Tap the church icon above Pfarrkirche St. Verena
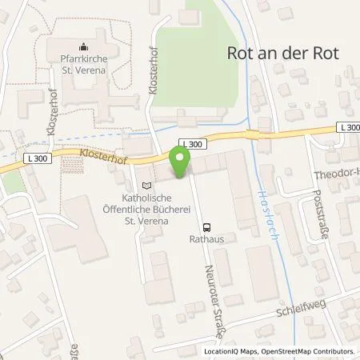tap(83, 46)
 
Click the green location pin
tap(182, 164)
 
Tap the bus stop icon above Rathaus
tap(207, 226)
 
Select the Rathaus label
tap(207, 238)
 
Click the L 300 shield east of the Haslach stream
tap(346, 128)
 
